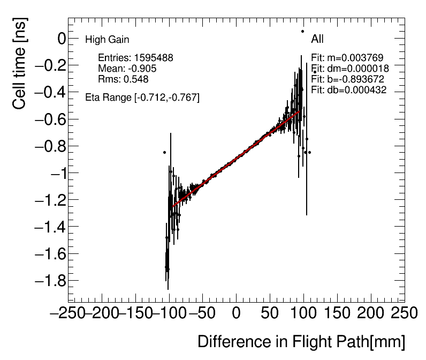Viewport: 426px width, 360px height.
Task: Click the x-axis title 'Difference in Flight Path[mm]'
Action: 301,342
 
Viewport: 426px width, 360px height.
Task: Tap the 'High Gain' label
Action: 107,40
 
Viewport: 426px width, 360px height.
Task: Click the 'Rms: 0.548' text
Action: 123,79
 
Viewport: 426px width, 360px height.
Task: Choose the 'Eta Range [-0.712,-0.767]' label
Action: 142,97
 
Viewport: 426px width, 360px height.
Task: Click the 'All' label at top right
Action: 317,39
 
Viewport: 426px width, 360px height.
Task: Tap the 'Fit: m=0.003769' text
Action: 347,58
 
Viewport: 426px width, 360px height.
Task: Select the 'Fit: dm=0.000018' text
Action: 350,69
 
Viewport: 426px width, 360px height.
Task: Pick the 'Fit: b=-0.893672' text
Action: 348,79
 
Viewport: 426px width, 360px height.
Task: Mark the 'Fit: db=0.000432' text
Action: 349,90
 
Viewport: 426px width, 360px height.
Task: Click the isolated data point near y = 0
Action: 302,32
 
